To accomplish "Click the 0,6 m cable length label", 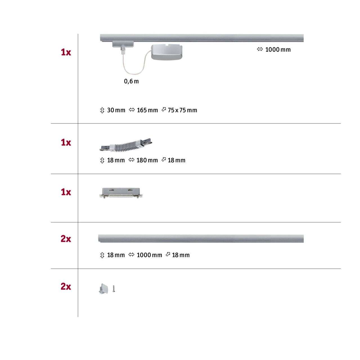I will [131, 81].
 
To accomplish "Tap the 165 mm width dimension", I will [147, 110].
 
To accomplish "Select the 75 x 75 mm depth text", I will [182, 110].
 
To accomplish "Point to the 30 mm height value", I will [116, 110].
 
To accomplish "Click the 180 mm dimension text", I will [147, 160].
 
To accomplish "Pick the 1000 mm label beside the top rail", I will [278, 50].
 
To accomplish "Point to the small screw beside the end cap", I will [114, 289].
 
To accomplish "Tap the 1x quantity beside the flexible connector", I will [66, 143].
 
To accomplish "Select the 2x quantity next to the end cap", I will [66, 287].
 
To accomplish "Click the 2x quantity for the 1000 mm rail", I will [66, 239].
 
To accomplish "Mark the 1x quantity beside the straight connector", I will [66, 192].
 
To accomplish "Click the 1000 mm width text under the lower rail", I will [149, 255].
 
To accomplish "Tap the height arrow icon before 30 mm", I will [102, 110].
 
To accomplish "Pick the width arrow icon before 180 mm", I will [131, 160].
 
